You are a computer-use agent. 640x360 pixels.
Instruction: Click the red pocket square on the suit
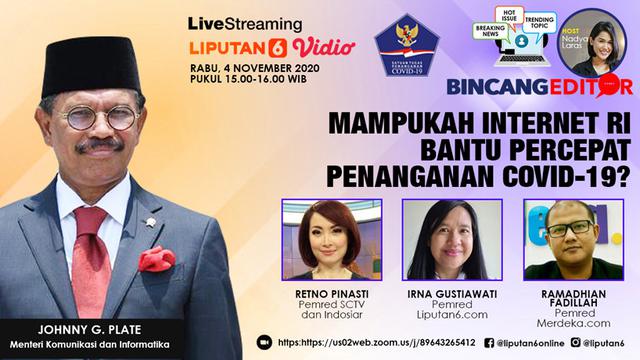156,259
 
